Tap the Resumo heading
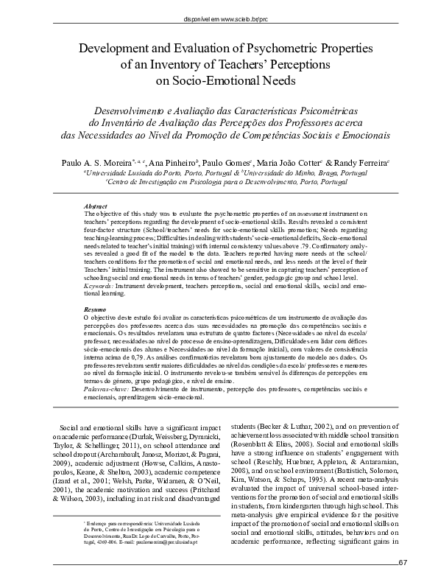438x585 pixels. (x=95, y=309)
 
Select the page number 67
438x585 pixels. (x=401, y=564)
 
